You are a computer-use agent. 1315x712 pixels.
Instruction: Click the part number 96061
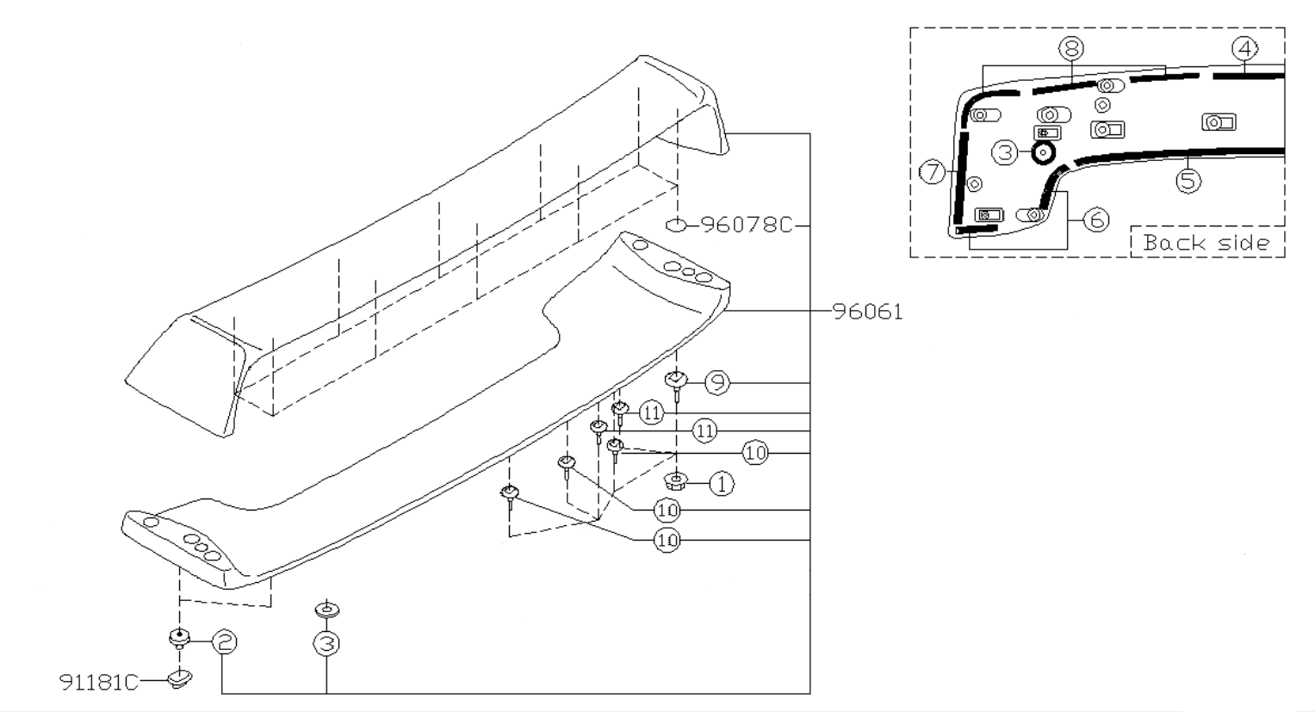point(868,312)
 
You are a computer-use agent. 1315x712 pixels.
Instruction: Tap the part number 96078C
point(746,226)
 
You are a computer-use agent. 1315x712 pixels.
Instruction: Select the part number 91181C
point(99,682)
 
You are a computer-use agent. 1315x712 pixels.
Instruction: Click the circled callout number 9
point(716,383)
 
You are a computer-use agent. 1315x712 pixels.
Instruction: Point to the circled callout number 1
point(722,484)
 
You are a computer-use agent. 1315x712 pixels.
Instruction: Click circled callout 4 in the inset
point(1244,49)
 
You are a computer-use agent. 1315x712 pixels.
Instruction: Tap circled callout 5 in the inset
point(1188,180)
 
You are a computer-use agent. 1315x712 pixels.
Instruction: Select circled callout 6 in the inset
point(1095,220)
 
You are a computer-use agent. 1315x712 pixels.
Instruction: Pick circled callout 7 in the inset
point(932,172)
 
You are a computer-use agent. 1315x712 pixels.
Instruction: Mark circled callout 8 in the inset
point(1072,49)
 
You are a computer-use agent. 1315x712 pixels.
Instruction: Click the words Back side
point(1206,243)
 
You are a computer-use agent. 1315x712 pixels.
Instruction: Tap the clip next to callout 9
point(677,381)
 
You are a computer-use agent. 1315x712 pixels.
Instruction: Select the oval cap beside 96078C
point(676,226)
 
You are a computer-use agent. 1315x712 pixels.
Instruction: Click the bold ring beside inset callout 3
point(1042,153)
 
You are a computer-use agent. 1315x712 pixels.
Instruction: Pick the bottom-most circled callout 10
point(667,540)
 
